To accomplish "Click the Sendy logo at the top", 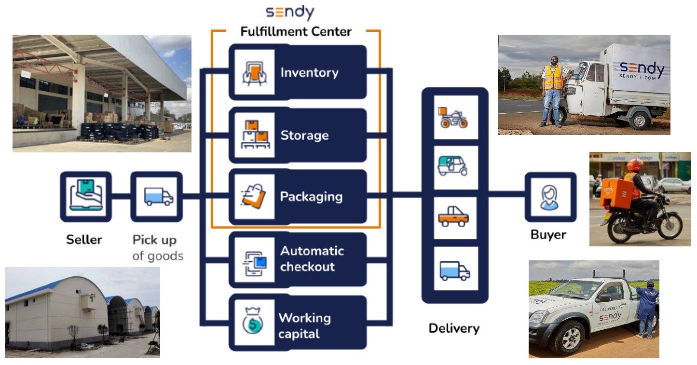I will click(x=290, y=13).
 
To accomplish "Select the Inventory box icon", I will click(x=254, y=72).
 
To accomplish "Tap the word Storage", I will click(x=304, y=135).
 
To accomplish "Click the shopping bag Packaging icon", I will click(x=254, y=196).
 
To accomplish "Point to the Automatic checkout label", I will click(x=312, y=258).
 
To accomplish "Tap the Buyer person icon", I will click(x=549, y=197).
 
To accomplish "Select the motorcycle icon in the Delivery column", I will click(x=452, y=118).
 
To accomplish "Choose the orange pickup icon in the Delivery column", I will click(x=453, y=217).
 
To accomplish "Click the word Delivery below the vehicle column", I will click(x=454, y=329).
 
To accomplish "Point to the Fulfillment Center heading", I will click(x=296, y=32).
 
